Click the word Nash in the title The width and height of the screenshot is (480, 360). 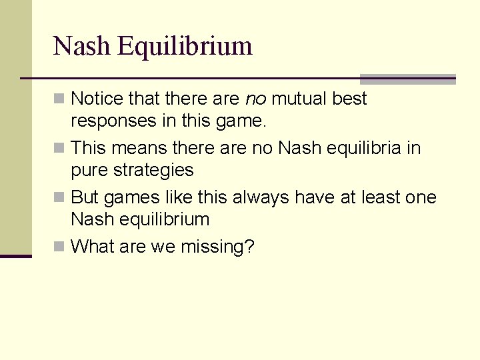coord(82,46)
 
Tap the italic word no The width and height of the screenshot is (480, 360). coord(256,99)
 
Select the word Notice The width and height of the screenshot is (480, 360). coord(97,99)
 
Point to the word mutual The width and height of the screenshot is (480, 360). coord(299,99)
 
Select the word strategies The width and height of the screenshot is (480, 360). coord(153,171)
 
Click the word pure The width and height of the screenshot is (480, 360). coord(89,171)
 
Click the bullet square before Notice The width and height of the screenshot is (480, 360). coord(59,99)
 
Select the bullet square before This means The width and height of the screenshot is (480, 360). coord(59,148)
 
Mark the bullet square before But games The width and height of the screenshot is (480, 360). coord(59,197)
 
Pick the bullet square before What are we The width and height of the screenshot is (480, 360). coord(59,247)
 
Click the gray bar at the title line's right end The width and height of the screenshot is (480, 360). coord(407,79)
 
